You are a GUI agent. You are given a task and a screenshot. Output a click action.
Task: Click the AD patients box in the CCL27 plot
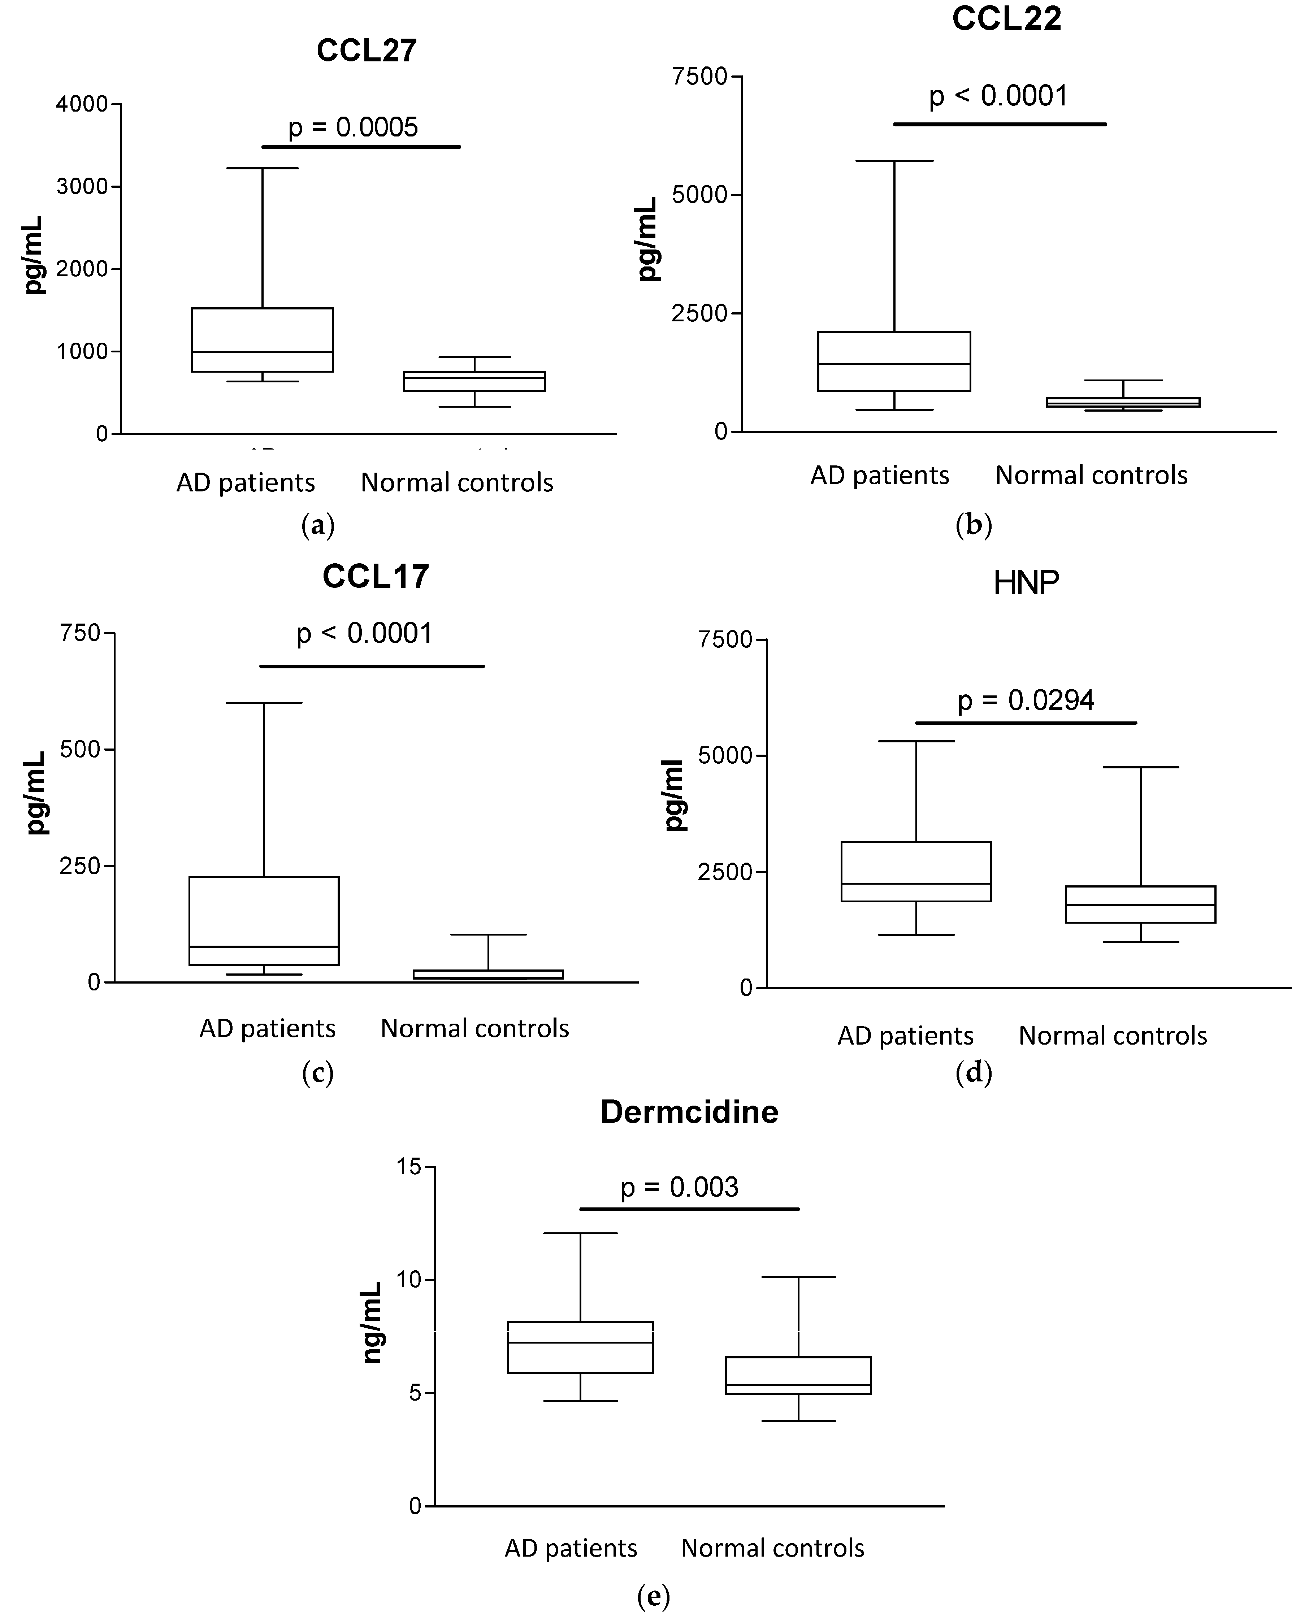263,339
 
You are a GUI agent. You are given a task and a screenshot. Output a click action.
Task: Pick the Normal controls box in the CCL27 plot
474,381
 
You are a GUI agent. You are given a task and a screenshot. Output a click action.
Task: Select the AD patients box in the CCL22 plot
894,361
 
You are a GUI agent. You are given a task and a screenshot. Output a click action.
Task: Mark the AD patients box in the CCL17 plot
264,920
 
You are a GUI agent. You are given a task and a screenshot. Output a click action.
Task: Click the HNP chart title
1026,583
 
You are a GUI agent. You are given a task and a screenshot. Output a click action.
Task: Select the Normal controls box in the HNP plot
1140,904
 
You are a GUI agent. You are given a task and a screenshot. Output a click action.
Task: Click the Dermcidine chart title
689,1112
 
